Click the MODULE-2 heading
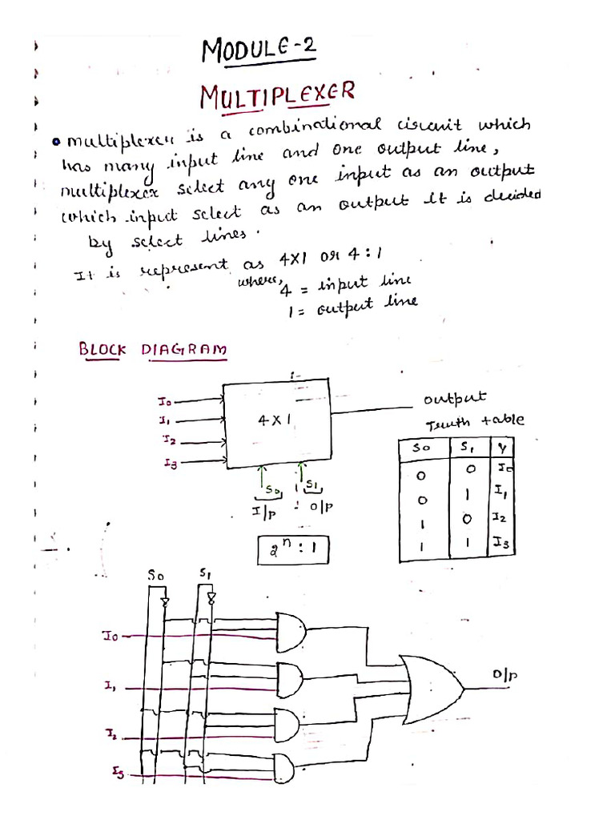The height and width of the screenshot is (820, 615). tap(259, 51)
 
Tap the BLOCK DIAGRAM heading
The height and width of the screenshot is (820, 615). tap(151, 350)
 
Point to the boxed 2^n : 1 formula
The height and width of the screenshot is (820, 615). tap(294, 550)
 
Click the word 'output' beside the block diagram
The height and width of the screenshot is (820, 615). tap(453, 399)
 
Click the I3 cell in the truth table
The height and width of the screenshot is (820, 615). tap(502, 545)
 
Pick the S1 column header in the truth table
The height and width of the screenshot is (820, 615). tap(465, 448)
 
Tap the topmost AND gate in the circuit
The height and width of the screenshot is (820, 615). tap(290, 629)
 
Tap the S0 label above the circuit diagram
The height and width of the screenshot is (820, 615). tap(156, 575)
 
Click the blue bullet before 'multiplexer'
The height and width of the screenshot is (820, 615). tap(57, 143)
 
